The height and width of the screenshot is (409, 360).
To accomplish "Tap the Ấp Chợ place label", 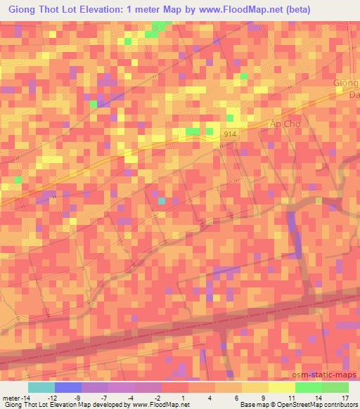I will pos(285,124).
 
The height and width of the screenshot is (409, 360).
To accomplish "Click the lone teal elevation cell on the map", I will pos(162,201).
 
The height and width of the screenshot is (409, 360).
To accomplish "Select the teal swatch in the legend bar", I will pos(41,387).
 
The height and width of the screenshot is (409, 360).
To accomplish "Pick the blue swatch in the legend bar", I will pos(68,387).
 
